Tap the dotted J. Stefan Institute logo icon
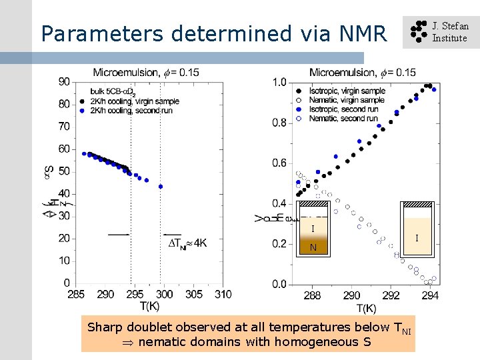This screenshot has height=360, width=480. (x=417, y=32)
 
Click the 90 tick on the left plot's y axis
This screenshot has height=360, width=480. (x=65, y=81)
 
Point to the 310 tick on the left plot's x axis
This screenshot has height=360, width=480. (x=223, y=294)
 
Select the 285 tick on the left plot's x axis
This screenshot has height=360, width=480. (x=76, y=294)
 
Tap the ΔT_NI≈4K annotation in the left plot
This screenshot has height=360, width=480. (x=187, y=244)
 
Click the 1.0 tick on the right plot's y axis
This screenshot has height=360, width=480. (x=279, y=82)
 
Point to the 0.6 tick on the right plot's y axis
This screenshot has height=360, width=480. (x=279, y=163)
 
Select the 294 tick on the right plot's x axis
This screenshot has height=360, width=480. (x=431, y=295)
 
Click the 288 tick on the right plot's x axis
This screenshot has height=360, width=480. (x=312, y=295)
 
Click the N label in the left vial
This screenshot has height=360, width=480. (x=313, y=247)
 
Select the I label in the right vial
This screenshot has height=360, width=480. (x=417, y=238)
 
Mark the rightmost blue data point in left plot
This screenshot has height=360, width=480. (x=161, y=187)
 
